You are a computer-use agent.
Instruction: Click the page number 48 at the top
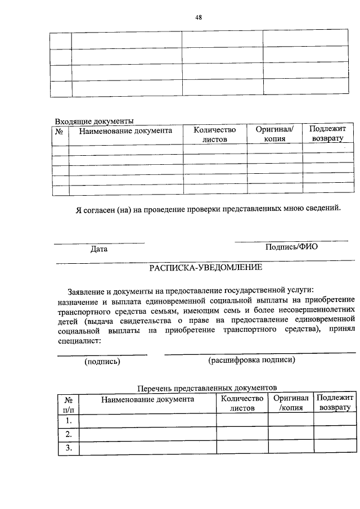point(199,17)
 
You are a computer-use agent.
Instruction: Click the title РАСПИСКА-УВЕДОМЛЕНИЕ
point(205,268)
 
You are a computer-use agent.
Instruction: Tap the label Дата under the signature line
point(99,249)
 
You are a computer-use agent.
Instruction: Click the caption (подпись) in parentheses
point(102,361)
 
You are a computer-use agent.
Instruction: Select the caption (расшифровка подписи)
point(251,360)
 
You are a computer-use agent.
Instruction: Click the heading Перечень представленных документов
point(208,388)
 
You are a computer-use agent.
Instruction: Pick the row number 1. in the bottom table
point(69,420)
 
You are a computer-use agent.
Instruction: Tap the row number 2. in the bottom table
point(69,434)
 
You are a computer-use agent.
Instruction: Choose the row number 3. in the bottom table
point(69,448)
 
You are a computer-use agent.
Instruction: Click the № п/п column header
point(69,404)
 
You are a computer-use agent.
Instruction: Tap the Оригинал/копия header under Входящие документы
point(274,134)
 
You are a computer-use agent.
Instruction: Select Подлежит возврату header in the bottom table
point(334,403)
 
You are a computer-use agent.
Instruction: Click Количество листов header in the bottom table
point(242,403)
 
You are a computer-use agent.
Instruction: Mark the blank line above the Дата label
point(99,243)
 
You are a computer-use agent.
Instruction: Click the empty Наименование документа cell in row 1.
point(148,420)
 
